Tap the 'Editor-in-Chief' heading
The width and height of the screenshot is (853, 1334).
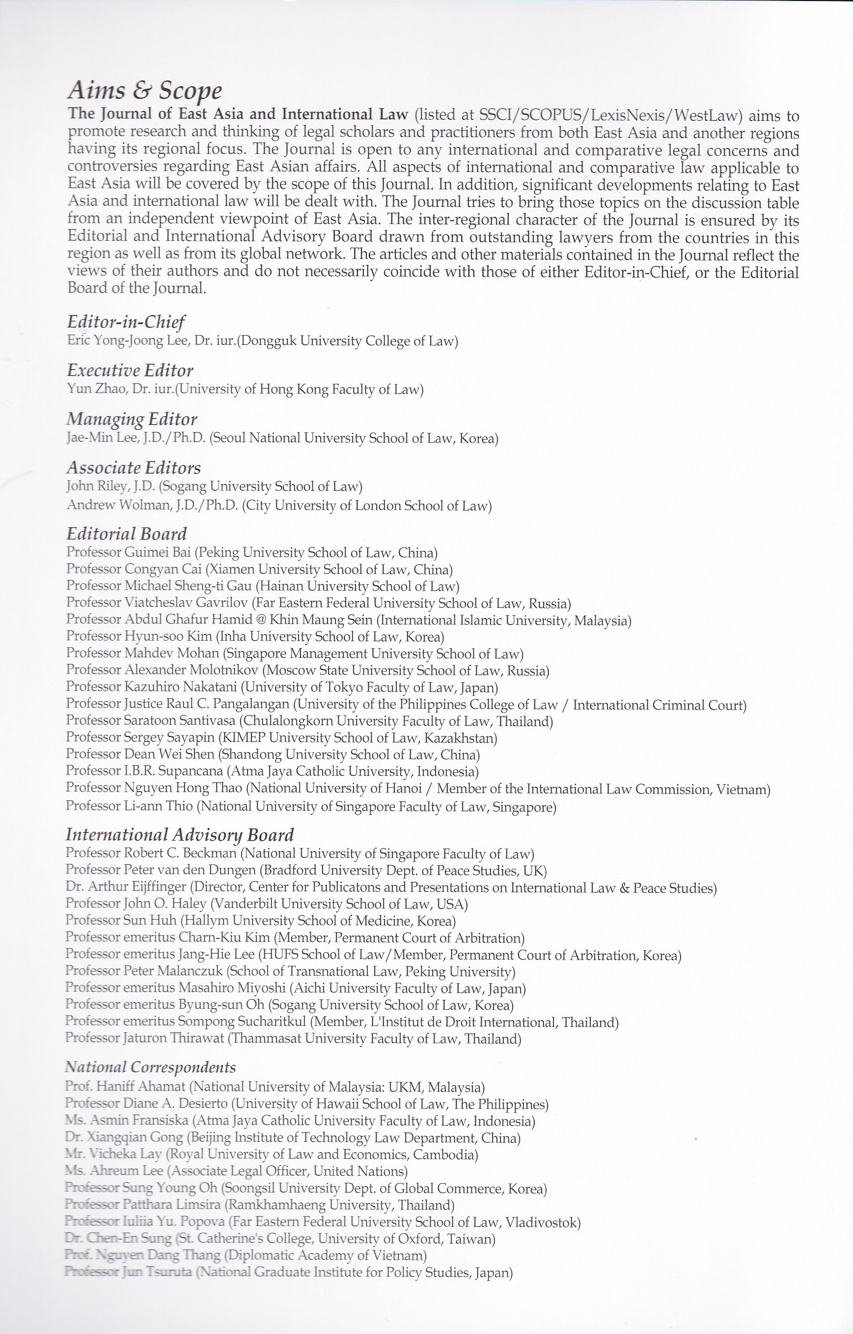click(x=126, y=322)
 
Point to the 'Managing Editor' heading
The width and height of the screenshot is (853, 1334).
click(x=132, y=420)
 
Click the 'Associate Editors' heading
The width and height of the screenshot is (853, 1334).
click(x=134, y=468)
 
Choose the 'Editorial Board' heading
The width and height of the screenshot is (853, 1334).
click(x=126, y=534)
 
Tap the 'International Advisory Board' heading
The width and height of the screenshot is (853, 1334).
click(x=179, y=835)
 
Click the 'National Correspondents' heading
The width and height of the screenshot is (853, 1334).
click(x=150, y=1067)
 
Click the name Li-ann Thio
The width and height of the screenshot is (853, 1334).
click(x=159, y=806)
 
